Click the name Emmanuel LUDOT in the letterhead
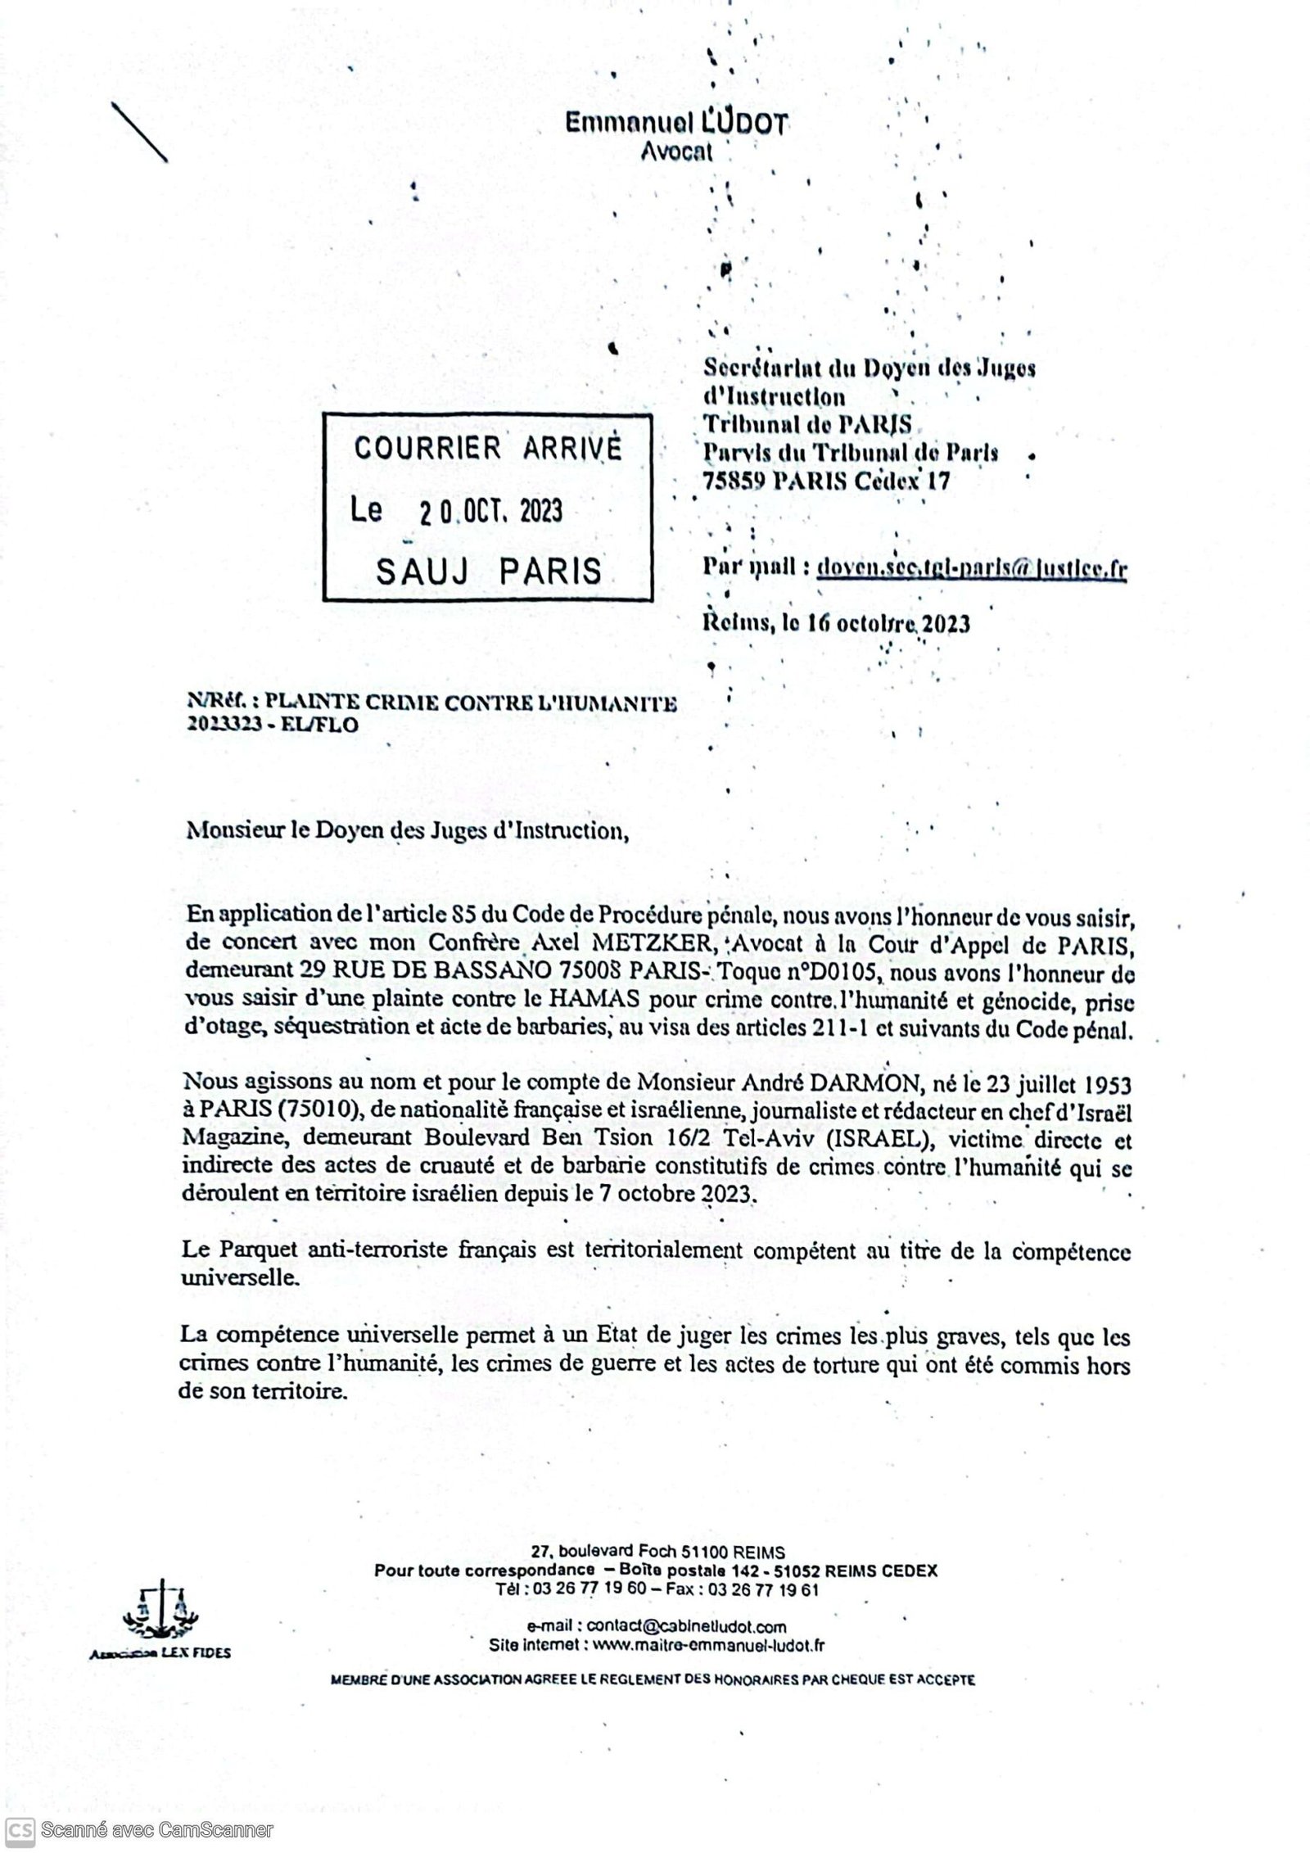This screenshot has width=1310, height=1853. [x=676, y=124]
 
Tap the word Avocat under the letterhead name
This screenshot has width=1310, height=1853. [x=676, y=151]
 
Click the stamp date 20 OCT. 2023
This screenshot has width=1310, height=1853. [x=490, y=512]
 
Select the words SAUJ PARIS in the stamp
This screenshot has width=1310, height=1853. [x=489, y=571]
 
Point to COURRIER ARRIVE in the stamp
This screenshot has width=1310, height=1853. [x=488, y=449]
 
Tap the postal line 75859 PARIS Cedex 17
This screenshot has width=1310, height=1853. [x=827, y=481]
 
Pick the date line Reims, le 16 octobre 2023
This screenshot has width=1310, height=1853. [x=837, y=624]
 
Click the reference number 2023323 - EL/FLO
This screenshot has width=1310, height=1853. [x=273, y=725]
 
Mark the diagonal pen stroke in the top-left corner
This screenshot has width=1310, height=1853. [x=138, y=131]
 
